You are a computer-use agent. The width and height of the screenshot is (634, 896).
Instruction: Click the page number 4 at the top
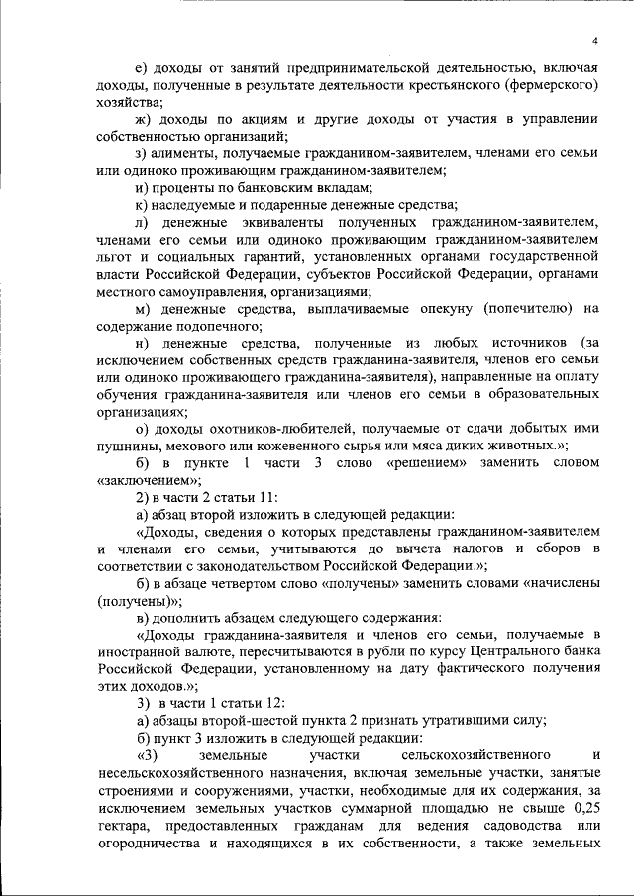pos(594,40)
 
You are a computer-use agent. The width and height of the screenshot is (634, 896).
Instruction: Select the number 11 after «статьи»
pos(267,497)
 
